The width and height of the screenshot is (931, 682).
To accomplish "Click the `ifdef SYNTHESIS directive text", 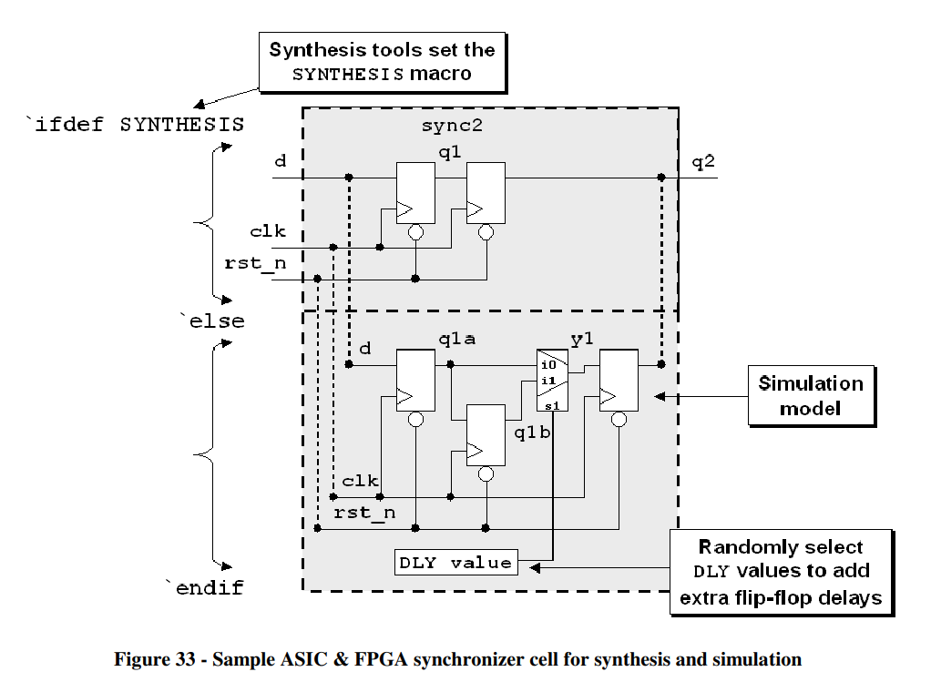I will coord(135,125).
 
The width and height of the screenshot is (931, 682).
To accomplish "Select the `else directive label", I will coord(212,321).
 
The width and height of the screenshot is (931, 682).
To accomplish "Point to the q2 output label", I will coord(703,162).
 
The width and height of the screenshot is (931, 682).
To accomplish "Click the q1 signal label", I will coord(450,154).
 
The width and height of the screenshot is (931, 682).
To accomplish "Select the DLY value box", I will coord(455,563).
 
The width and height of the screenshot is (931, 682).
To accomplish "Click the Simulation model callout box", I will coord(811,396).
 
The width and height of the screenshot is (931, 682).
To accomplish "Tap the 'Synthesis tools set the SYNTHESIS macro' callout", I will coord(382,62).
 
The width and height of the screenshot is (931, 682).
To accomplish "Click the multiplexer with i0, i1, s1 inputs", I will coord(552,380).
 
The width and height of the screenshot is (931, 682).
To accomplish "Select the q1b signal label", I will coord(532,432).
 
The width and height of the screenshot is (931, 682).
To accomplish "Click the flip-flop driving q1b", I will coord(486,435).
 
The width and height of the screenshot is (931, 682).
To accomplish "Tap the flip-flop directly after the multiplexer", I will coord(618,380).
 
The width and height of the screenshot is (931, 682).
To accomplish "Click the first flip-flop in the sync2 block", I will coord(414,193).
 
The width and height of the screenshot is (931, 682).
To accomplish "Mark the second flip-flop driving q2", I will coord(486,193).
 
